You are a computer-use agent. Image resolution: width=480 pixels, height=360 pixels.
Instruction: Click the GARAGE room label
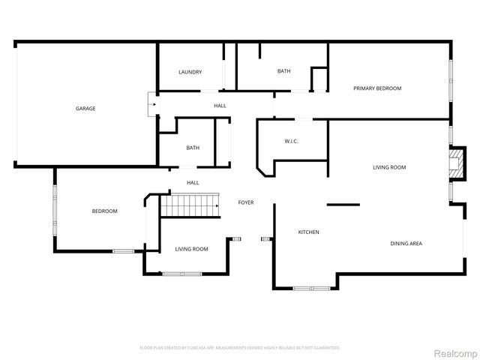(x=85, y=109)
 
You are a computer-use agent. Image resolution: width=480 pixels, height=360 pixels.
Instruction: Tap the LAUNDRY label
(x=190, y=72)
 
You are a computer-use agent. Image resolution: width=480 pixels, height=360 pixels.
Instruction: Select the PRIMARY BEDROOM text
(x=377, y=88)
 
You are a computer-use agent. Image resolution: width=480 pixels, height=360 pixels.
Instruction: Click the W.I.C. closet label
(x=292, y=142)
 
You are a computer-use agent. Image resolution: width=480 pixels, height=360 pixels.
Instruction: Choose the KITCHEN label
(x=309, y=232)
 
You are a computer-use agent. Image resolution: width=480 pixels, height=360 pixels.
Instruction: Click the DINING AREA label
(x=406, y=244)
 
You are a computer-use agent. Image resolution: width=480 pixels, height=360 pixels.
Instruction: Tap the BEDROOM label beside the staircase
(x=104, y=211)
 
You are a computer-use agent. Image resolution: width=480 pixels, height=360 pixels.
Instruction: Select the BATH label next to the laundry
(x=283, y=71)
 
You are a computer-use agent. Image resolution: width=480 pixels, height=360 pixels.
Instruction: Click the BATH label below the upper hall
(x=193, y=148)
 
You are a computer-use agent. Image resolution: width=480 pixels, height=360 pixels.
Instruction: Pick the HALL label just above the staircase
(x=193, y=182)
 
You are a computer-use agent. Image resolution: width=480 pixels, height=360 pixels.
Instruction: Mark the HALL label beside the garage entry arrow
(x=220, y=106)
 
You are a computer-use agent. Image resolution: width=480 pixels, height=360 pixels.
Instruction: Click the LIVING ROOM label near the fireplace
(x=389, y=167)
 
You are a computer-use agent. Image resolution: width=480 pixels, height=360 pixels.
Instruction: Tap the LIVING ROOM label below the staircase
(x=191, y=249)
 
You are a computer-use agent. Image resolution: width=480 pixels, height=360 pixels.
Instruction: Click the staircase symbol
(x=190, y=205)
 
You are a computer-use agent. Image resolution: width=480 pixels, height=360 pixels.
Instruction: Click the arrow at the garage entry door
(x=152, y=104)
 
